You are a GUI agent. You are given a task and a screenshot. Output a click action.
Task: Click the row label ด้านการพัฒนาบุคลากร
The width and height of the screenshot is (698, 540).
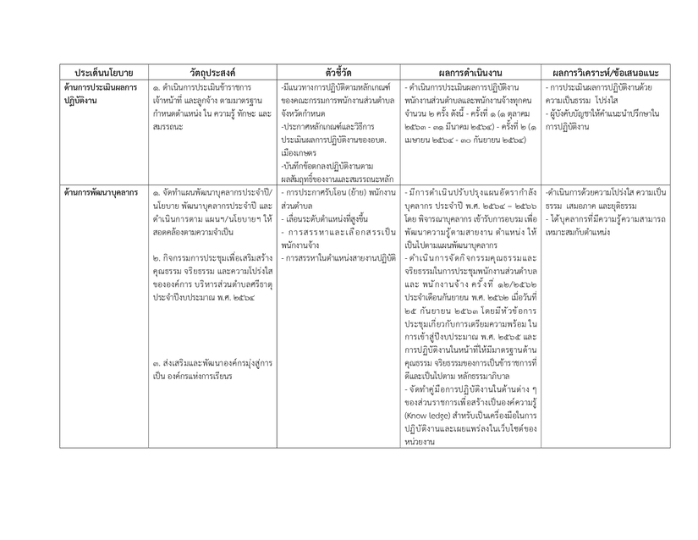pos(101,192)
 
